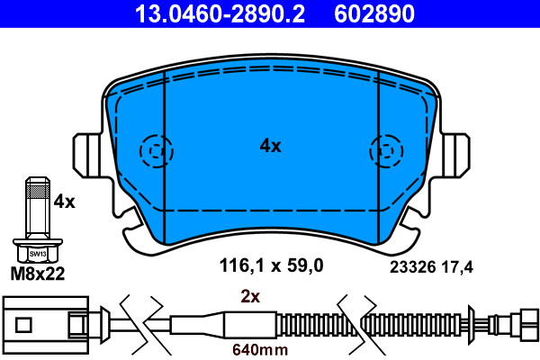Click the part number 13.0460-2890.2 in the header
click(x=220, y=13)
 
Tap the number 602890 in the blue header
click(x=374, y=13)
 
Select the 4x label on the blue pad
click(x=270, y=146)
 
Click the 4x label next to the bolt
click(x=64, y=202)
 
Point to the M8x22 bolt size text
click(x=38, y=274)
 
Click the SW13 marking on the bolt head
click(x=38, y=254)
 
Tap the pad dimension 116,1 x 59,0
click(x=272, y=265)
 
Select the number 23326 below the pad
click(x=413, y=267)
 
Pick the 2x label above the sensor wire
click(x=250, y=296)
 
